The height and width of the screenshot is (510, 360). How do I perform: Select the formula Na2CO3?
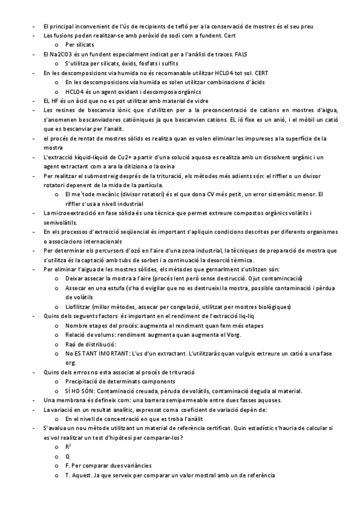click(61, 54)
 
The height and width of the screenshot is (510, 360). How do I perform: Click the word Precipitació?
click(84, 382)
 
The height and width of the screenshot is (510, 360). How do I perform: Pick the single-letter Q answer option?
click(67, 456)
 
